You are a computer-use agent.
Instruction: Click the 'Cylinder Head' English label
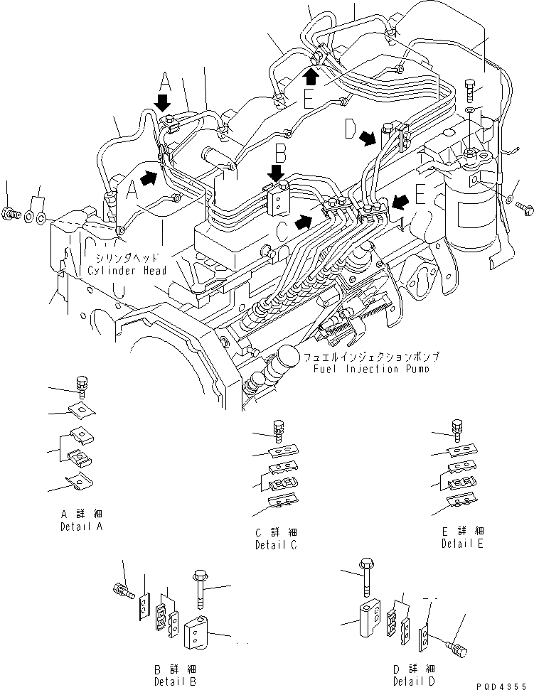[x=127, y=271]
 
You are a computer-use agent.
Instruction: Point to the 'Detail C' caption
[x=276, y=545]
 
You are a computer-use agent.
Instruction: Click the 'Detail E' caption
[x=462, y=544]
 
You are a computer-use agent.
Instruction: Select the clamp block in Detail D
[x=370, y=618]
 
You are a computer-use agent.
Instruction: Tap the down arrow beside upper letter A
[x=164, y=102]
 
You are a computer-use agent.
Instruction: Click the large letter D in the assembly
[x=351, y=129]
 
